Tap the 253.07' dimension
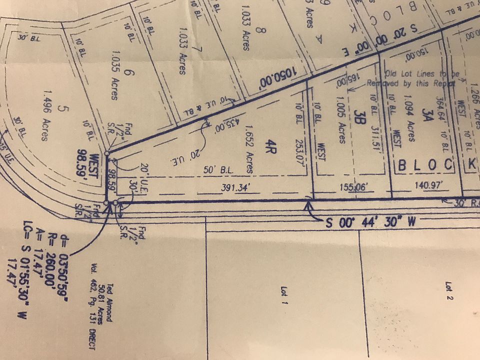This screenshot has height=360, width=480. pos(298,145)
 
